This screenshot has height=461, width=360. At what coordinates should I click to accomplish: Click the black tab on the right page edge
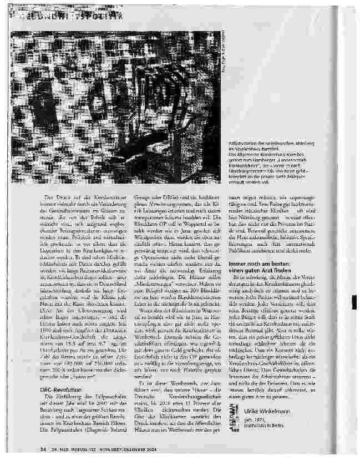pos(354,303)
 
